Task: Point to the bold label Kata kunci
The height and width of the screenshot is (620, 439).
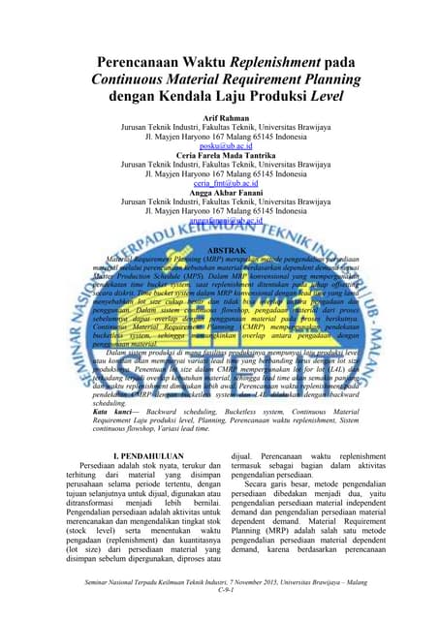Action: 99,411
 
